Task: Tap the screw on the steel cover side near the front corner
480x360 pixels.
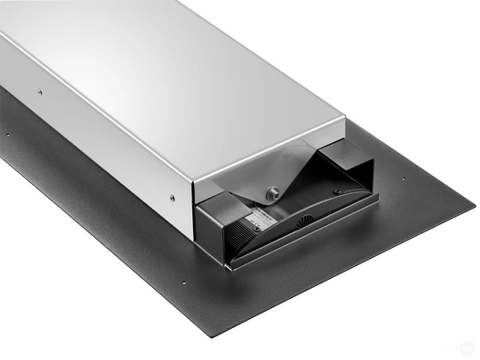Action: [x=173, y=195]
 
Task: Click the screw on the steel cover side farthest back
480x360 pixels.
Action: [x=39, y=90]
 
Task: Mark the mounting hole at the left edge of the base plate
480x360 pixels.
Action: [x=8, y=134]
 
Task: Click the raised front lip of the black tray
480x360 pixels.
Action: [x=310, y=246]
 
